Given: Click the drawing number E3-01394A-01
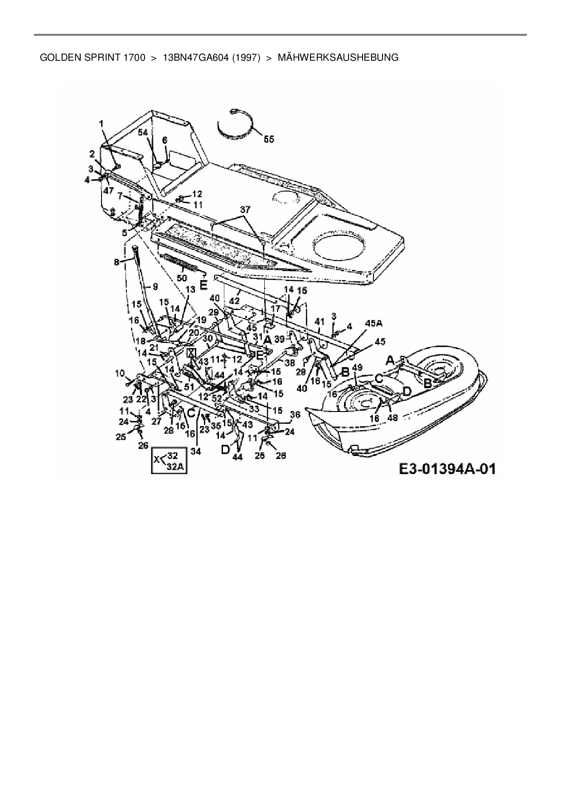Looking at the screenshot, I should point(447,468).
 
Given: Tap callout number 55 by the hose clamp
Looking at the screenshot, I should point(269,139).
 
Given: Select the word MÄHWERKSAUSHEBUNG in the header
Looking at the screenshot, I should point(338,58).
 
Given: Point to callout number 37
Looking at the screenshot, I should point(245,209).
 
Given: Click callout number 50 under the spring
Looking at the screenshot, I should point(182,277).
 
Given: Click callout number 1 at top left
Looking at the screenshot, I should point(102,123).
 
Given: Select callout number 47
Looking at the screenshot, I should point(108,191).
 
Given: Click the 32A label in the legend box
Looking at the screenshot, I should point(176,469).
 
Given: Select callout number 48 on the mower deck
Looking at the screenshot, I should point(392,417).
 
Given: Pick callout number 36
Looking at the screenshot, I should point(295,414).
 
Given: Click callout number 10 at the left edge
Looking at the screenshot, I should point(120,373).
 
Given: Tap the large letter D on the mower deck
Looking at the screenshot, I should point(407,390).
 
